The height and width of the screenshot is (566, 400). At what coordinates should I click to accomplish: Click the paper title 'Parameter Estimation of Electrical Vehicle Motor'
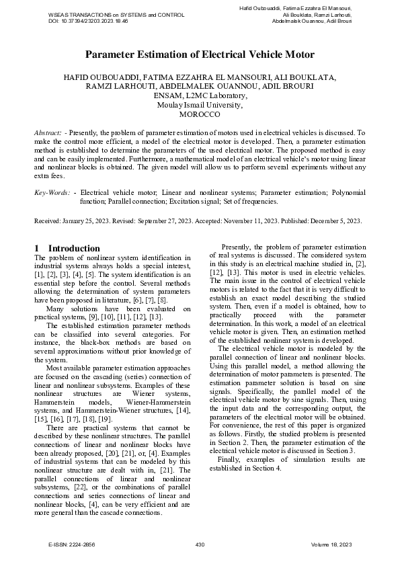[x=200, y=54]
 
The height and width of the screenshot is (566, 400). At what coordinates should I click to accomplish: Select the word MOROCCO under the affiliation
[x=200, y=115]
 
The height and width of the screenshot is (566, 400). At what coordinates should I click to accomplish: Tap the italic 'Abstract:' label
[x=48, y=134]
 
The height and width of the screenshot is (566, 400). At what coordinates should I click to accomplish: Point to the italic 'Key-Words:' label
[x=52, y=192]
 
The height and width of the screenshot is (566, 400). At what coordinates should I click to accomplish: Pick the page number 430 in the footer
[x=200, y=543]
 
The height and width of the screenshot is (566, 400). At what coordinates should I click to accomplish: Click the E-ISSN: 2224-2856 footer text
[x=77, y=543]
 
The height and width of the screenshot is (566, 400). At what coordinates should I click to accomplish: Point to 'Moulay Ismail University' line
[x=200, y=106]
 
